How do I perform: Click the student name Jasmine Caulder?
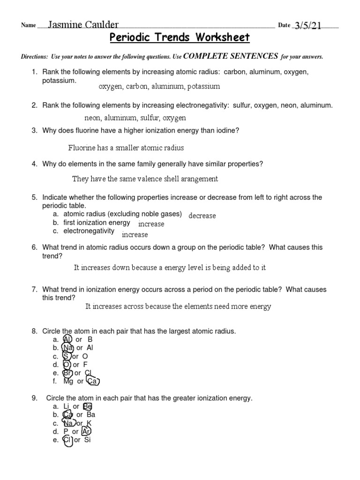point(83,25)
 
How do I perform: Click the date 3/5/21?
point(307,25)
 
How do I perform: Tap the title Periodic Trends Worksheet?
point(180,37)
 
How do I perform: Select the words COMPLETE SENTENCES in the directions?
point(231,56)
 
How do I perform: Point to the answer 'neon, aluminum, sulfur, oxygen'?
point(135,118)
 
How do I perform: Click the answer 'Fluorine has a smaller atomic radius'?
point(126,148)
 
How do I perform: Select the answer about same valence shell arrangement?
point(145,179)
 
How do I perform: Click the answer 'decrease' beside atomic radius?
point(202,216)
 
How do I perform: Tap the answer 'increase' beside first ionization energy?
point(151,224)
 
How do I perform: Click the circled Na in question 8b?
point(67,348)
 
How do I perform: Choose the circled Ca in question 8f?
point(93,382)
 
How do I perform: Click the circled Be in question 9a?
point(88,406)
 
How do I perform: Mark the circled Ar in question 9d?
point(86,432)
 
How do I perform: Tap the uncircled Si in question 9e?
point(87,440)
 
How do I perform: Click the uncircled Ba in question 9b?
point(91,415)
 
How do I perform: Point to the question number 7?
point(34,290)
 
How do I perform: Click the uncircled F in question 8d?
point(85,365)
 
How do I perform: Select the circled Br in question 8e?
point(67,373)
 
